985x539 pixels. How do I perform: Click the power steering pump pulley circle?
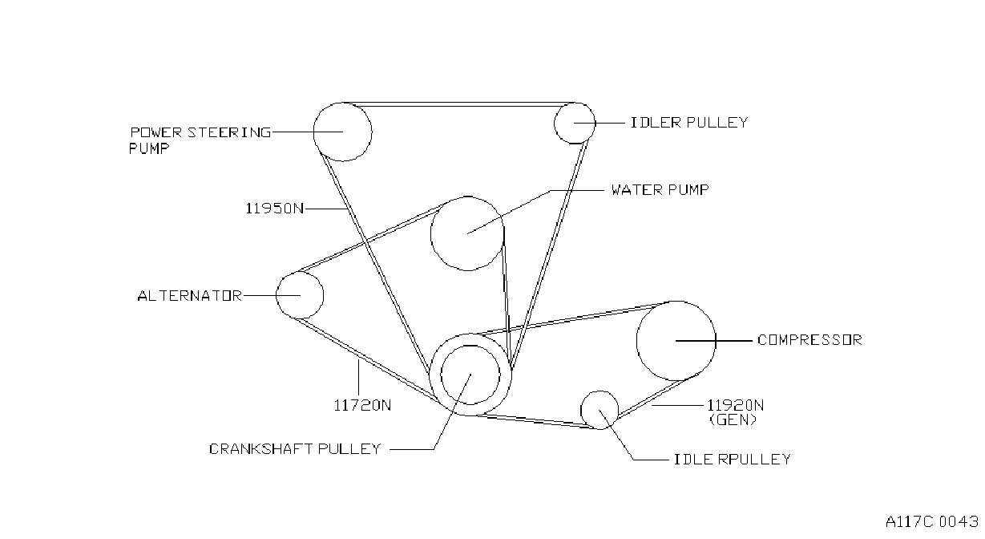click(x=313, y=132)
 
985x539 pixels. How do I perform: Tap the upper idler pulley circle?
click(x=554, y=124)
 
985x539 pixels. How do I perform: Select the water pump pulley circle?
click(x=430, y=233)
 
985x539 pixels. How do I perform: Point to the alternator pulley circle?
click(x=277, y=295)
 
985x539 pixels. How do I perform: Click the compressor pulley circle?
click(x=636, y=341)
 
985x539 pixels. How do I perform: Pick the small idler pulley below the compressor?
click(x=581, y=410)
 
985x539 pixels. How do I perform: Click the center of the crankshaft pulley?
click(x=470, y=375)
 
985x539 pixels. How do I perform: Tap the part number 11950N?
click(x=274, y=208)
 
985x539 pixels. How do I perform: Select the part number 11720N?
click(x=362, y=405)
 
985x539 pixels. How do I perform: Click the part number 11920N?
click(x=735, y=405)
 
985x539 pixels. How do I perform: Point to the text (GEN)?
click(x=733, y=419)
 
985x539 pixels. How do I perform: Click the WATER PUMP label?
click(x=660, y=189)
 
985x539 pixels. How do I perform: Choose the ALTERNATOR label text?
click(x=189, y=295)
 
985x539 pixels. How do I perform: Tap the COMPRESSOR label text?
click(x=809, y=339)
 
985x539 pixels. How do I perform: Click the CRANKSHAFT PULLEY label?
click(x=295, y=449)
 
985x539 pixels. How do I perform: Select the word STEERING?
click(x=229, y=132)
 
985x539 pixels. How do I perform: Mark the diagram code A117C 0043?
click(x=932, y=521)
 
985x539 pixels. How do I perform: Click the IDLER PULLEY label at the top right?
click(x=689, y=123)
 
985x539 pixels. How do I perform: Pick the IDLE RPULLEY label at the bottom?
click(x=733, y=460)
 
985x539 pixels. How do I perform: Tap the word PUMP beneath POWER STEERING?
click(x=148, y=148)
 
